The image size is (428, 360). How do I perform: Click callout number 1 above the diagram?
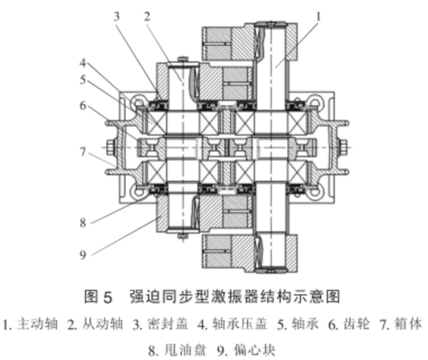point(319,14)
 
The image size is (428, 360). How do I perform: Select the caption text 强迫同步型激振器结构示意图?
point(234,296)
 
